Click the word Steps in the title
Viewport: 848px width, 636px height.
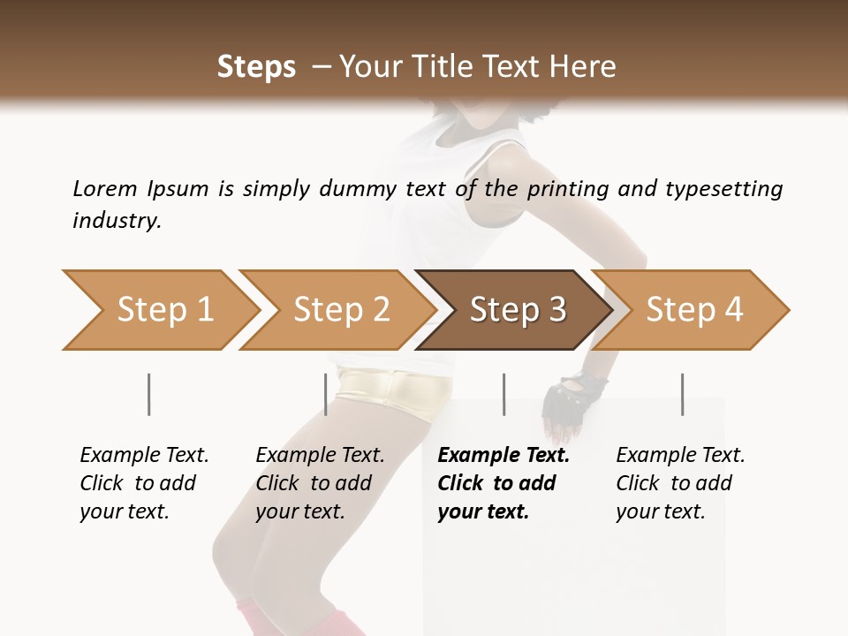point(256,67)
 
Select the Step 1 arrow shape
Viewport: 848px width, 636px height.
point(159,310)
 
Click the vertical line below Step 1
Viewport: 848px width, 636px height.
point(148,394)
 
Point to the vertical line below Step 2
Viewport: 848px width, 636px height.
point(326,394)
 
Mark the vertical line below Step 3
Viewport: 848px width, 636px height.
point(503,394)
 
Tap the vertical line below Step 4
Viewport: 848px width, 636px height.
point(682,394)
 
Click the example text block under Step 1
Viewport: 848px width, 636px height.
point(143,483)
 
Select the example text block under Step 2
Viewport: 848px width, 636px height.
point(319,483)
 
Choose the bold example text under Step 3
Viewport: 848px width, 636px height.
point(503,483)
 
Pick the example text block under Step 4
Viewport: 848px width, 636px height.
point(679,483)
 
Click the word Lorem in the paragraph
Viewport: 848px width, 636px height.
point(104,188)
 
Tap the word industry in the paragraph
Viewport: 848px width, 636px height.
point(117,221)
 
